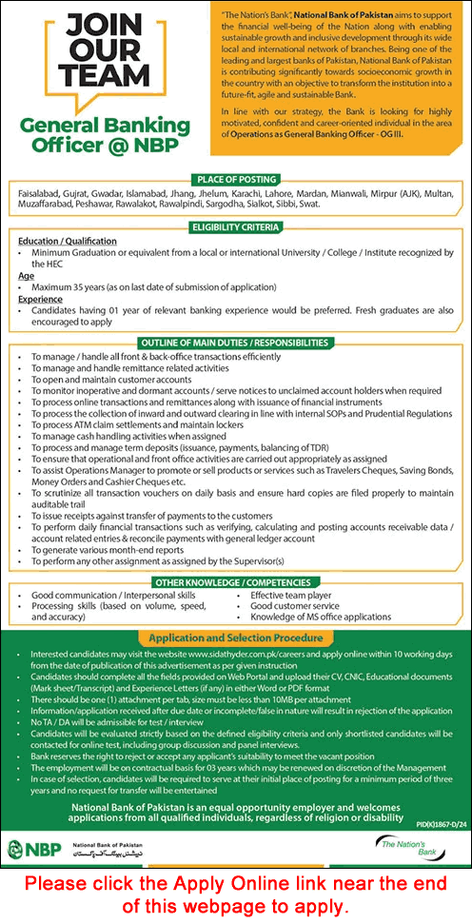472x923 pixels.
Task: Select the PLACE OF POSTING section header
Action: [235, 178]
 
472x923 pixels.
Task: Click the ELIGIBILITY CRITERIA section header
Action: [235, 227]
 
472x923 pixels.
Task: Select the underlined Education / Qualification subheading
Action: [68, 242]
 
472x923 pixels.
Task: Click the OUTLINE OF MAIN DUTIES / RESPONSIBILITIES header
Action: [235, 342]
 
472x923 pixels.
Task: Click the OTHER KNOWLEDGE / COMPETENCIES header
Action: [235, 581]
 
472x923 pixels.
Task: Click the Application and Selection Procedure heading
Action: [235, 638]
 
